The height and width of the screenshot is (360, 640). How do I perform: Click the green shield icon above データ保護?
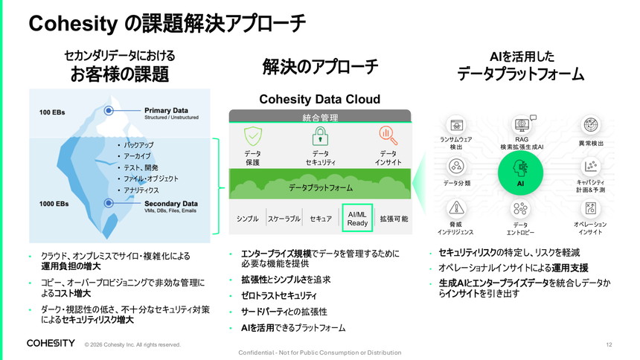point(253,136)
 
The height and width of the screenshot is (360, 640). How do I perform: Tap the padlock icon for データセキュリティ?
point(321,136)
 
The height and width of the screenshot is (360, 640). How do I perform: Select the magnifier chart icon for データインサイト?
point(388,136)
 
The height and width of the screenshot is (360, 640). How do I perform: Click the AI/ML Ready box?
point(357,219)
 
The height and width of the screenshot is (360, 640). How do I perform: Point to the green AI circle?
point(520,173)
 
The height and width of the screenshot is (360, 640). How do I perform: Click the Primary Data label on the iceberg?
point(166,110)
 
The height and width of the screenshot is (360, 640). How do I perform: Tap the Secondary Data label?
point(171,203)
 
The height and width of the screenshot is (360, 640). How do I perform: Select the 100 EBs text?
point(52,112)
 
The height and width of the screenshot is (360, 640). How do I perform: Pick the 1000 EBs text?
point(54,204)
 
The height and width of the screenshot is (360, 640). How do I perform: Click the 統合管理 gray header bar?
point(320,116)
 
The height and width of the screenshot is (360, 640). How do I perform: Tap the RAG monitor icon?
point(522,125)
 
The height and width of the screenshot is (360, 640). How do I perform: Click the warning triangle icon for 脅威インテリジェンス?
point(456,208)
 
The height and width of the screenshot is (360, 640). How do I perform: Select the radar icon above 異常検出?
point(590,125)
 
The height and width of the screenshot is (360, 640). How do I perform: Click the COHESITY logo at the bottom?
point(51,344)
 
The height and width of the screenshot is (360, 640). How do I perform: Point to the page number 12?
point(609,344)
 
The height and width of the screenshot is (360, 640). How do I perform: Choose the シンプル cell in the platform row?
point(247,219)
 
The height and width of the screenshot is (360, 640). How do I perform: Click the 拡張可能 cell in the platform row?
point(394,219)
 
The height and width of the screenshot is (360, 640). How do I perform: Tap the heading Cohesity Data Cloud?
point(319,99)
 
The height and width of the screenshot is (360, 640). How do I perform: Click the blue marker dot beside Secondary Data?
point(109,203)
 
